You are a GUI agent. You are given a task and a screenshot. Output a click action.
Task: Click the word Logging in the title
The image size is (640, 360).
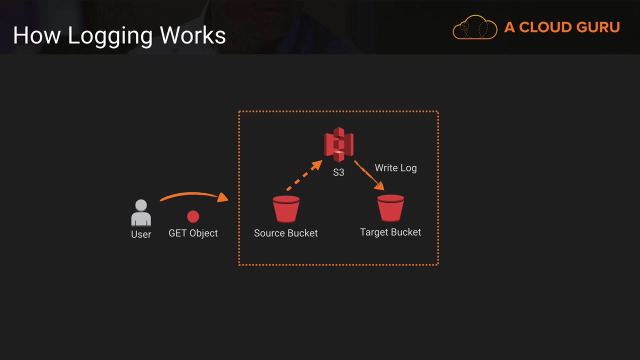pyautogui.click(x=110, y=36)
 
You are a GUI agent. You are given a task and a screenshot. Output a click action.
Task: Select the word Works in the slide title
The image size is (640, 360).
pyautogui.click(x=192, y=35)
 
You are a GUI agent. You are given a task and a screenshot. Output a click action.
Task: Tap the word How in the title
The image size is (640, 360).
pyautogui.click(x=37, y=35)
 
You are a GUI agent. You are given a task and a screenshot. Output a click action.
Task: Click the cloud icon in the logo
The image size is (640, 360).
pyautogui.click(x=475, y=27)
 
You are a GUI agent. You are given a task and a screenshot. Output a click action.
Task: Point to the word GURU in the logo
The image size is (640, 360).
pyautogui.click(x=598, y=27)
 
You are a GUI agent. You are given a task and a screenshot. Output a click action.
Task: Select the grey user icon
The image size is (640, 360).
pyautogui.click(x=141, y=213)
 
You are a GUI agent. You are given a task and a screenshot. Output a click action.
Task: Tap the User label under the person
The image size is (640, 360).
pyautogui.click(x=141, y=234)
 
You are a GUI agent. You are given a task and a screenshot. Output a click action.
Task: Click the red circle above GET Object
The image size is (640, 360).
pyautogui.click(x=193, y=216)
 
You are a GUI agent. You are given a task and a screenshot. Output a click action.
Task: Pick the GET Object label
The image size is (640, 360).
pyautogui.click(x=193, y=233)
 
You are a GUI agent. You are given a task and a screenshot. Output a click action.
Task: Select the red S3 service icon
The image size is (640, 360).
pyautogui.click(x=338, y=144)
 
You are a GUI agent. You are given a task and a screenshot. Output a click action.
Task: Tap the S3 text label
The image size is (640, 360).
pyautogui.click(x=338, y=172)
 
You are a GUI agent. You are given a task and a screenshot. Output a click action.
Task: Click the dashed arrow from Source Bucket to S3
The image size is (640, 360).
pyautogui.click(x=304, y=175)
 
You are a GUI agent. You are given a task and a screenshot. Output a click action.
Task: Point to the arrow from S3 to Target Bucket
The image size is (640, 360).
pyautogui.click(x=369, y=175)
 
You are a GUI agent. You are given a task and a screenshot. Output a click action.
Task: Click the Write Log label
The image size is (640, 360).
pyautogui.click(x=395, y=168)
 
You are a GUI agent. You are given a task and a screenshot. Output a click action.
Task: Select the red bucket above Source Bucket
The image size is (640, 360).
pyautogui.click(x=286, y=209)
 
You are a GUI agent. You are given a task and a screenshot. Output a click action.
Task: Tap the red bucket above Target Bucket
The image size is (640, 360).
pyautogui.click(x=390, y=208)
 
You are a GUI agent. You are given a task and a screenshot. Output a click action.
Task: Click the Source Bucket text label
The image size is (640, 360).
pyautogui.click(x=285, y=233)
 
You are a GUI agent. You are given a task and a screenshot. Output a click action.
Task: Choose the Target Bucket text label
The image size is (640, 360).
pyautogui.click(x=390, y=232)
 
